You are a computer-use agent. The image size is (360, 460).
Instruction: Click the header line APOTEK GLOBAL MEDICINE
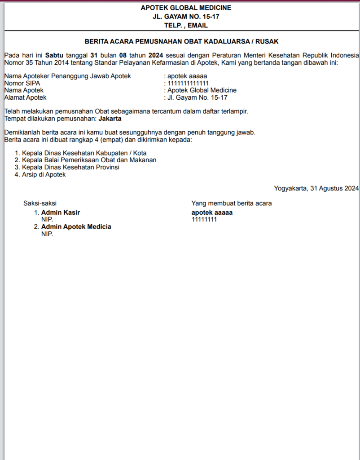tap(186, 8)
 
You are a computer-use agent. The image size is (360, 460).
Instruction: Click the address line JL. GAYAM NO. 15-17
tap(186, 17)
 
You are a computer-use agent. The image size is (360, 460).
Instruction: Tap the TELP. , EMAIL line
tap(186, 26)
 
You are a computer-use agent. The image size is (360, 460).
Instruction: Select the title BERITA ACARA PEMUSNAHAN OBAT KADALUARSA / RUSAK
tap(182, 41)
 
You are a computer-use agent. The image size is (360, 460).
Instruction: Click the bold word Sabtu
tap(54, 55)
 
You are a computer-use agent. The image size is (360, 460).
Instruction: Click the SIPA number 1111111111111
tap(188, 83)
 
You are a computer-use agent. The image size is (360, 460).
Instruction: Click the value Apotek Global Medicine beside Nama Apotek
tap(202, 90)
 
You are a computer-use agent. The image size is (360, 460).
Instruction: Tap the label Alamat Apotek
tap(25, 97)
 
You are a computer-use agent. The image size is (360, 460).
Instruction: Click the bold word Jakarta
tap(110, 119)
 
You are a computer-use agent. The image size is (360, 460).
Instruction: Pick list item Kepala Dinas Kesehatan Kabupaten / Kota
tap(84, 153)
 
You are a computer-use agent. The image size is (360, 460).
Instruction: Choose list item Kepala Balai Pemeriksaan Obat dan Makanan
tap(89, 160)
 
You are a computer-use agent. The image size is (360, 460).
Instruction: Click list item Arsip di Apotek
tap(44, 174)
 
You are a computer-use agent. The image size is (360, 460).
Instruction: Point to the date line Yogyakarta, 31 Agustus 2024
tap(316, 188)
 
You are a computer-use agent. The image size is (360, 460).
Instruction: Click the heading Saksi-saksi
tap(40, 203)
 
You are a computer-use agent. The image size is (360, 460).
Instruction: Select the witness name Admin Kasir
tap(61, 212)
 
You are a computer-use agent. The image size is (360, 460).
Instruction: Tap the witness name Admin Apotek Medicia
tap(76, 227)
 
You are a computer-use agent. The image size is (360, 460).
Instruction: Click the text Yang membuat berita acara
tap(232, 203)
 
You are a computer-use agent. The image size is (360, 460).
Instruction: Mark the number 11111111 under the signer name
tap(204, 220)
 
